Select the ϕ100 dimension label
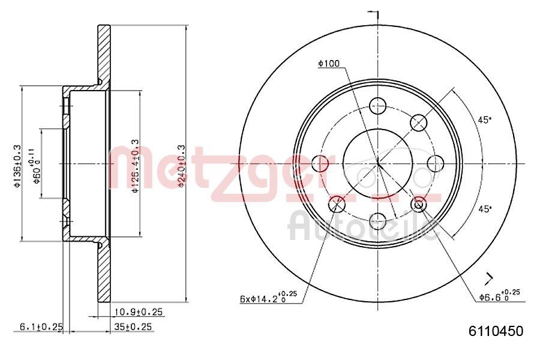point(329,62)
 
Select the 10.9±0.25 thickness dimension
point(138,313)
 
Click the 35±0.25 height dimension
point(133,326)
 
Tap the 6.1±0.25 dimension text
point(41,326)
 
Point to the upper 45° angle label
point(484,119)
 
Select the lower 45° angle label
point(484,208)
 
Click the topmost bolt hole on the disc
point(377,106)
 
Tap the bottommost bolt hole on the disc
point(377,220)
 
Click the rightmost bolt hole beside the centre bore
point(434,163)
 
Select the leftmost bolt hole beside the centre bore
point(321,163)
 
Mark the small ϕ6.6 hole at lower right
point(419,204)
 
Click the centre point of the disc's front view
point(378,163)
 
